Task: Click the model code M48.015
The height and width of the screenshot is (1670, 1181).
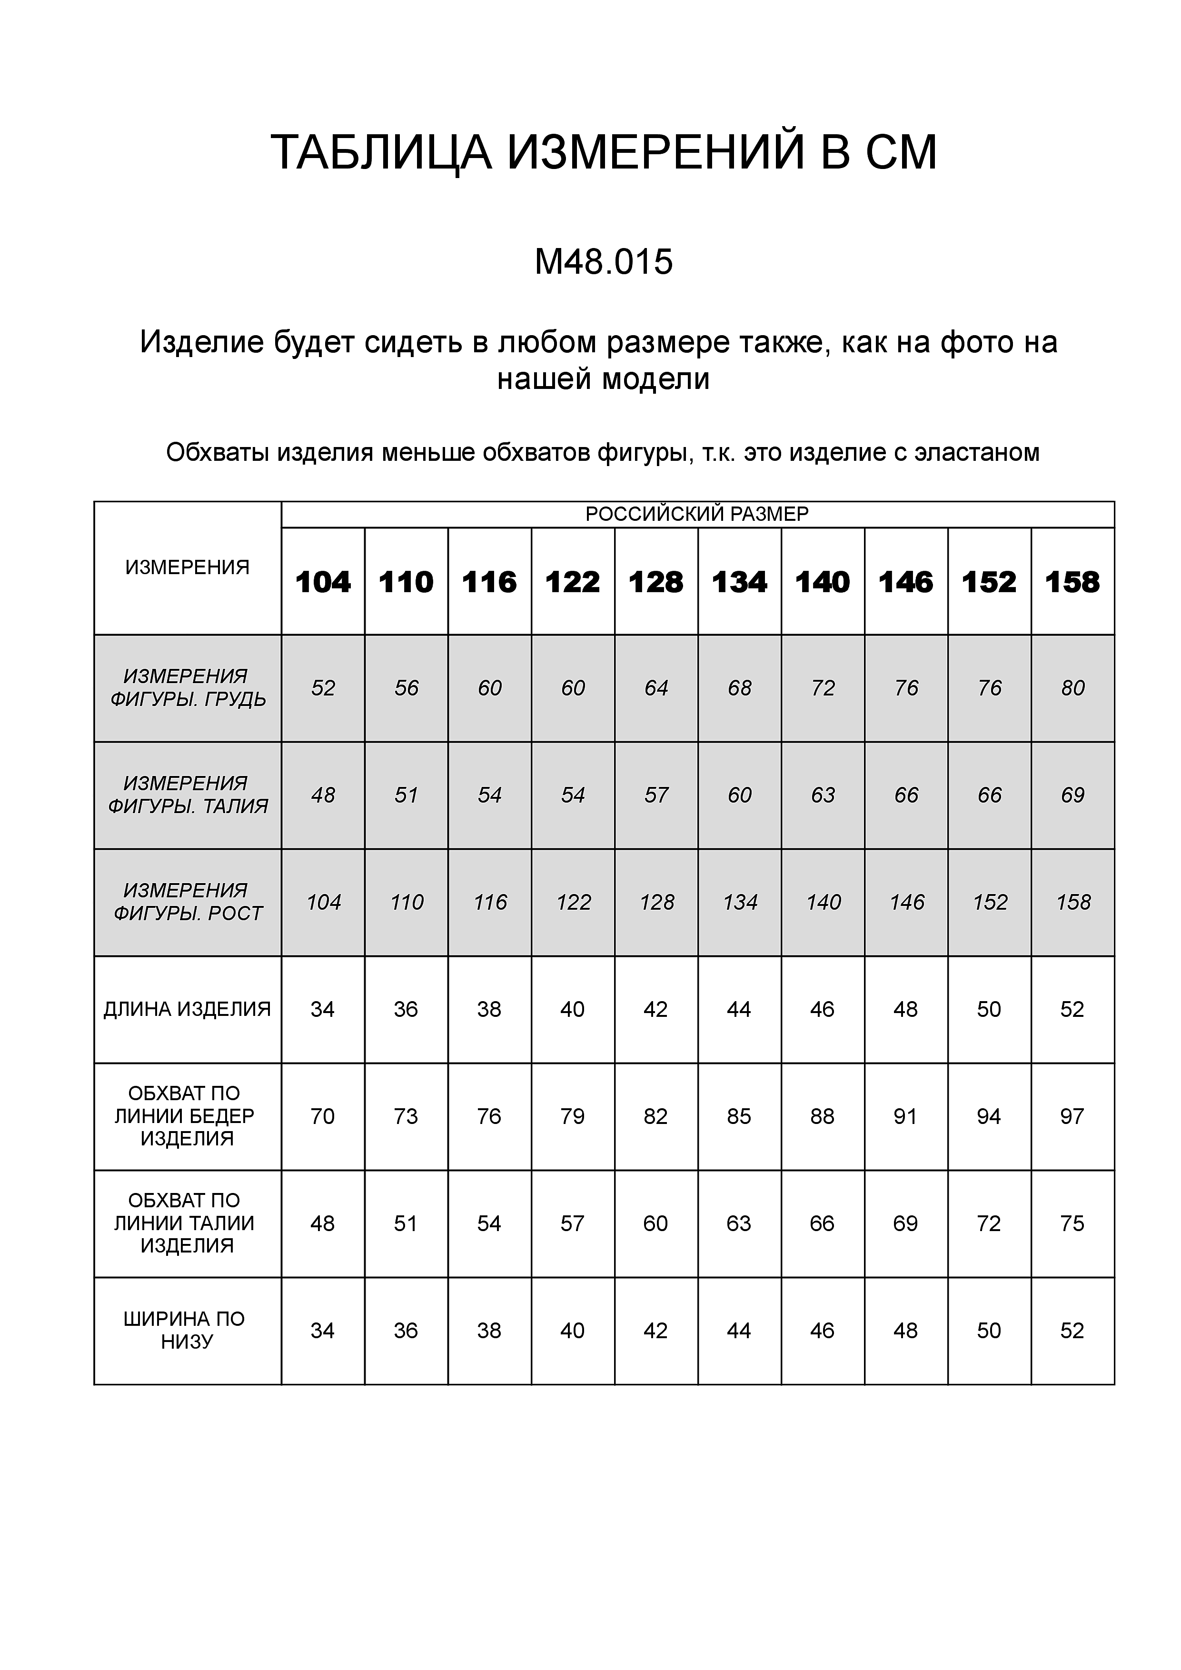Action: (604, 263)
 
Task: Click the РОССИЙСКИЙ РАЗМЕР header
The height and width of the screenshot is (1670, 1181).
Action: (697, 514)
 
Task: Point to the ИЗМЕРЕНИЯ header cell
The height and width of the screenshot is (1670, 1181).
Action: (188, 567)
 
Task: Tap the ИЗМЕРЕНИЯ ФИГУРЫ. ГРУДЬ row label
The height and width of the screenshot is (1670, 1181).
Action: (188, 688)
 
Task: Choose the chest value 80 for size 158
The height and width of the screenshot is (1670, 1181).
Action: (1072, 688)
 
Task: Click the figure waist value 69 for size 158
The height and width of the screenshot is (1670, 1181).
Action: (1072, 795)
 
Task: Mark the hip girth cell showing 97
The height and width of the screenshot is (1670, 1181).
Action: (1072, 1116)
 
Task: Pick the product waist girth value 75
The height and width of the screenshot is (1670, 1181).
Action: (1072, 1223)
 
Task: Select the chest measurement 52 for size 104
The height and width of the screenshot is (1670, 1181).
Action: (323, 688)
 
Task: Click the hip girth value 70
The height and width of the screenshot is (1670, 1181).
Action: (322, 1116)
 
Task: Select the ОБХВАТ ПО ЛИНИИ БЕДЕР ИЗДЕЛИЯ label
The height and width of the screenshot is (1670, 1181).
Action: (185, 1116)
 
